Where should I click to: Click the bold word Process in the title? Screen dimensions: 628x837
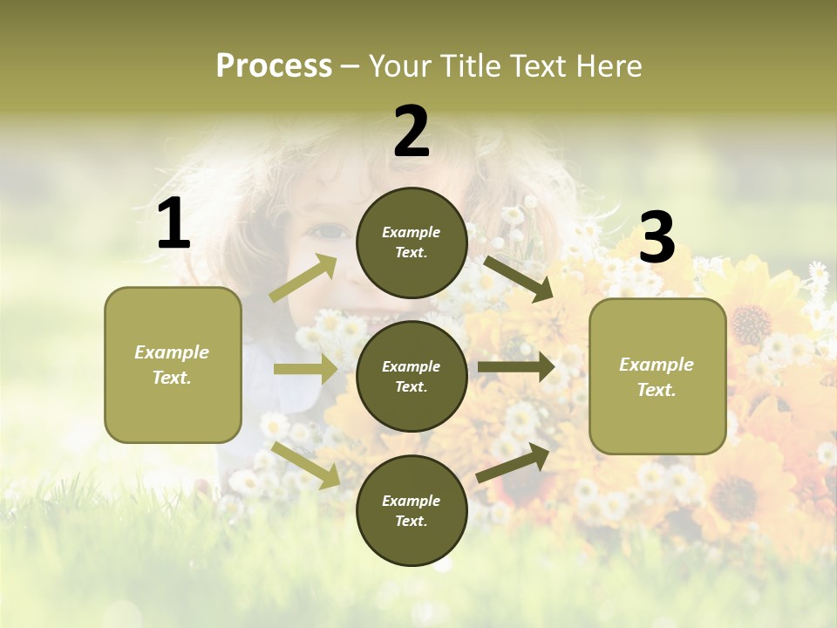(274, 66)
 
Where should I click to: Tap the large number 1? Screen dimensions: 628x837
(174, 225)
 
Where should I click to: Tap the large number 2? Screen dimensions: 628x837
(412, 132)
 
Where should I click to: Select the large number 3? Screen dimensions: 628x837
(657, 237)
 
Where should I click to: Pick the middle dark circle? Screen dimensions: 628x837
(412, 376)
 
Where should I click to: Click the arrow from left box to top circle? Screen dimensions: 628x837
(304, 278)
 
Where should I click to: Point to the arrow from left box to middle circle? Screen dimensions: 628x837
(305, 369)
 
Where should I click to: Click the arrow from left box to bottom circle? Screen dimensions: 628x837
(306, 464)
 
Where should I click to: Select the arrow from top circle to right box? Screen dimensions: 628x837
(519, 278)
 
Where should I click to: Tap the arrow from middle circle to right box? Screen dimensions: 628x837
(516, 367)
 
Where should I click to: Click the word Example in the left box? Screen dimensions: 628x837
(172, 352)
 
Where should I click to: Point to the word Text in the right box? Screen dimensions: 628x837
(657, 390)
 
